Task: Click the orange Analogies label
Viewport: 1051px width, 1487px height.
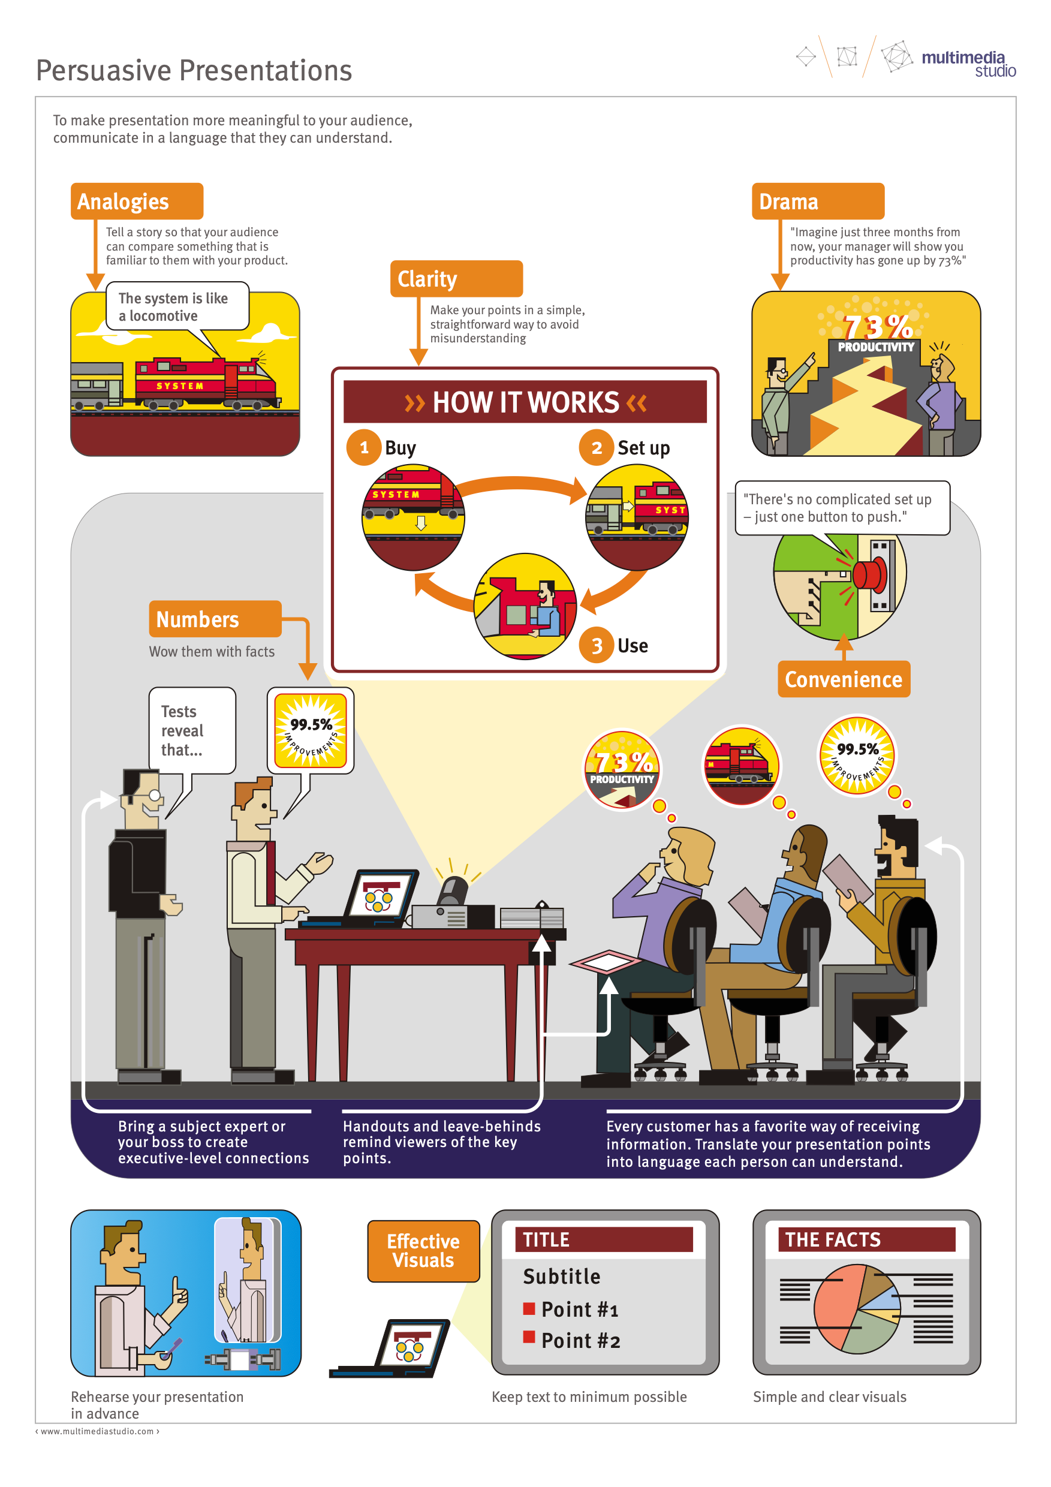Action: pyautogui.click(x=137, y=201)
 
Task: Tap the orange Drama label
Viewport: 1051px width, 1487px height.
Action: pyautogui.click(x=817, y=201)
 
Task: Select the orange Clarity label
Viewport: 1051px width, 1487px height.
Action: pyautogui.click(x=456, y=278)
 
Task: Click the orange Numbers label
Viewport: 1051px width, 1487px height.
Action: pyautogui.click(x=215, y=619)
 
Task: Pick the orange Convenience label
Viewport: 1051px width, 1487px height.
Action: pyautogui.click(x=843, y=679)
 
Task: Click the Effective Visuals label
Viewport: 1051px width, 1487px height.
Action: pyautogui.click(x=423, y=1251)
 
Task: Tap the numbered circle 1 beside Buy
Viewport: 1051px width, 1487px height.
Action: pyautogui.click(x=364, y=447)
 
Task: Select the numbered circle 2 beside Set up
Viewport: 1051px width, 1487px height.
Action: pyautogui.click(x=597, y=447)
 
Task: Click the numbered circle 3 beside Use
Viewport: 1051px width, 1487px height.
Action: pyautogui.click(x=597, y=645)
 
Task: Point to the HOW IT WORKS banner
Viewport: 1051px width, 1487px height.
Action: pyautogui.click(x=525, y=402)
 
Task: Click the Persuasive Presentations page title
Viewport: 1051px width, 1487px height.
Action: pyautogui.click(x=194, y=71)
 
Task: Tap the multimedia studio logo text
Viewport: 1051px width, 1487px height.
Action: pyautogui.click(x=968, y=64)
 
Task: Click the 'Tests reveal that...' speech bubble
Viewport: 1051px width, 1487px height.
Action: pyautogui.click(x=192, y=730)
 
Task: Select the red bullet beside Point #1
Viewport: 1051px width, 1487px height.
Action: pyautogui.click(x=529, y=1309)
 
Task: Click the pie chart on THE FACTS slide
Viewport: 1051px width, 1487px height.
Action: pyautogui.click(x=857, y=1308)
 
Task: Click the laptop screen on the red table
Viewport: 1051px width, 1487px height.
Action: pyautogui.click(x=380, y=896)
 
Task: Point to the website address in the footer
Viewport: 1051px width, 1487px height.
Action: pyautogui.click(x=97, y=1431)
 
